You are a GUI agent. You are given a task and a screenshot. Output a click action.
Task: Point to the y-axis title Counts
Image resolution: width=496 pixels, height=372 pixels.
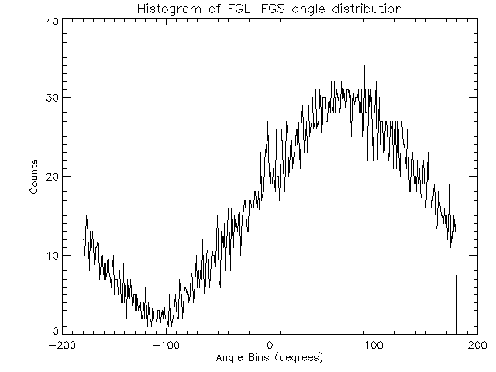tap(34, 177)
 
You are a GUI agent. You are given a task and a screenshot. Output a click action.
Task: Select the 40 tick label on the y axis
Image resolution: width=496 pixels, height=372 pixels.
tap(52, 21)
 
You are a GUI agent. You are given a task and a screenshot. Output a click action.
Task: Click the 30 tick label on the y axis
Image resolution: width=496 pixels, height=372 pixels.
tap(52, 98)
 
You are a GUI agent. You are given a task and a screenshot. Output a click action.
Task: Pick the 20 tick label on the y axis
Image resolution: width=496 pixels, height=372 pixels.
tap(52, 176)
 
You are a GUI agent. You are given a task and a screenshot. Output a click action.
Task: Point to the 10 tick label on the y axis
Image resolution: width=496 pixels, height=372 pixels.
tap(52, 255)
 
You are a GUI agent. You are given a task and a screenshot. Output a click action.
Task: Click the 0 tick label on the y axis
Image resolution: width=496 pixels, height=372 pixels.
tap(56, 331)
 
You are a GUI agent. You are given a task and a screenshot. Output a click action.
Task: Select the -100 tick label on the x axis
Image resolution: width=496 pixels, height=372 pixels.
tap(165, 345)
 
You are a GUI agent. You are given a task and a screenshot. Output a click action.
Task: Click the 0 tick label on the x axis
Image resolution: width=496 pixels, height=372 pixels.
tap(270, 345)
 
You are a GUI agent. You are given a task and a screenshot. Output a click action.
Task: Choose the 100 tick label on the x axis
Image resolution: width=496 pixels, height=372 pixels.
tap(374, 345)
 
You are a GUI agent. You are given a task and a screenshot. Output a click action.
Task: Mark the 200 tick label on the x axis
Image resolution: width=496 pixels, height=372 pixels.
tap(477, 345)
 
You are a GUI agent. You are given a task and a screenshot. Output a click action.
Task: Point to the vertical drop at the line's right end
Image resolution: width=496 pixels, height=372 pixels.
tap(456, 302)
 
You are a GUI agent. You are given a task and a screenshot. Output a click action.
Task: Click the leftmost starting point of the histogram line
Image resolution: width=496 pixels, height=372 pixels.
tap(84, 242)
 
